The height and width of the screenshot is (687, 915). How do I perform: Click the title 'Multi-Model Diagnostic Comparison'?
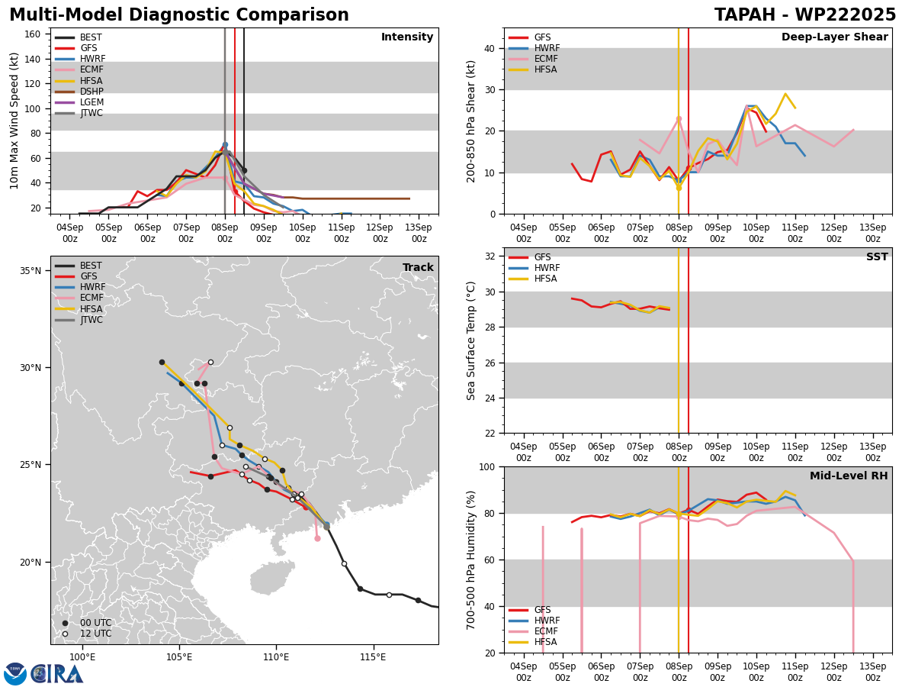pos(179,15)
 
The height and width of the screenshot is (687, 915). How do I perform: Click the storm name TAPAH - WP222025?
pos(805,15)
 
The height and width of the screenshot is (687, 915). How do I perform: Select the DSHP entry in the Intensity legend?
pos(91,92)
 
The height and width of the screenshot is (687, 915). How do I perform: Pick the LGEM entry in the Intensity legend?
pos(91,102)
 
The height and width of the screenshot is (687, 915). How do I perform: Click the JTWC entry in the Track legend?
pos(91,320)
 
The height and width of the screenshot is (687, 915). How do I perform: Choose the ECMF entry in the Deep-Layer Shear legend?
pos(545,59)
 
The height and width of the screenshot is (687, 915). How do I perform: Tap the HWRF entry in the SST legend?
pos(547,268)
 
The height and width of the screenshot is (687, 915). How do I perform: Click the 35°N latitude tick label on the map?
pos(30,271)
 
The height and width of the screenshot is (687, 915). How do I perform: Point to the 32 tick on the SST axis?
pos(491,256)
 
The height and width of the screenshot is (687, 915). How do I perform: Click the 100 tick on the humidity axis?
pos(488,466)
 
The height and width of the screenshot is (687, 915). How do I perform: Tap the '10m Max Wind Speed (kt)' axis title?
pos(14,121)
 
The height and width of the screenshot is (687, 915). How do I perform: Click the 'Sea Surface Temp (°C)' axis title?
pos(471,340)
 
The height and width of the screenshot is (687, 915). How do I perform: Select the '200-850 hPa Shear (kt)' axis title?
pos(471,121)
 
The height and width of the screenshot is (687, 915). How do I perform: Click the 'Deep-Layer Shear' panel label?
pos(834,37)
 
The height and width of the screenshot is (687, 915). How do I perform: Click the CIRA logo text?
pos(57,673)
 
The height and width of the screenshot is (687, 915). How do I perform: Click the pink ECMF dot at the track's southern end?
pos(317,538)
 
